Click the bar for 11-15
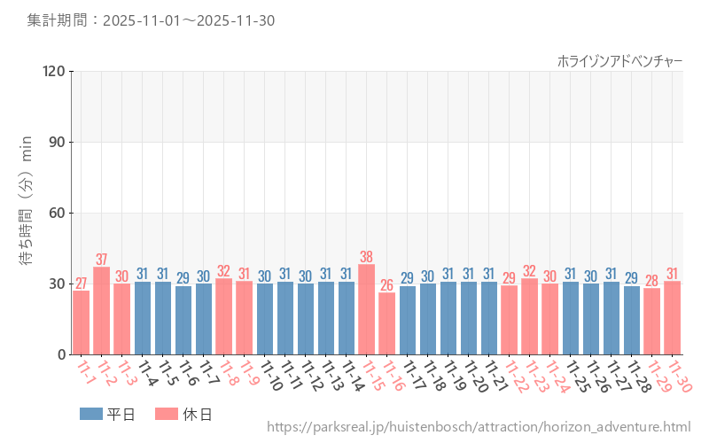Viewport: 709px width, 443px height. (x=367, y=309)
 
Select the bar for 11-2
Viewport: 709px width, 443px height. (x=102, y=310)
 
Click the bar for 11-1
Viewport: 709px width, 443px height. (x=82, y=323)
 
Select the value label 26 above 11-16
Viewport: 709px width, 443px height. (x=387, y=284)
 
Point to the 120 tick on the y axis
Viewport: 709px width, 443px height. (x=53, y=72)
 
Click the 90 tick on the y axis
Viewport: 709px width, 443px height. (x=57, y=143)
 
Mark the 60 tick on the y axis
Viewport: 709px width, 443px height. (x=57, y=214)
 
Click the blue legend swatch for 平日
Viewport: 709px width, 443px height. (x=90, y=414)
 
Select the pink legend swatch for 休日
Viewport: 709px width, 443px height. (x=166, y=414)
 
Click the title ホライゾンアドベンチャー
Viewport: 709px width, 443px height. (x=619, y=60)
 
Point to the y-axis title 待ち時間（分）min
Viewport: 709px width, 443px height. (x=27, y=213)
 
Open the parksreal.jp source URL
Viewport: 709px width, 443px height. (x=479, y=428)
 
